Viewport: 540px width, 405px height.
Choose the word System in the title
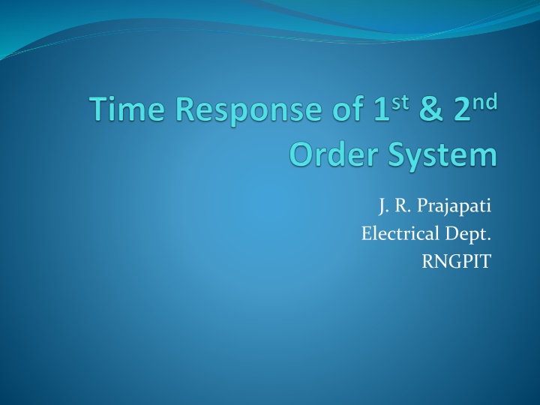442,156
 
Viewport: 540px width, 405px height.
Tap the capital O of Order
302,155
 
